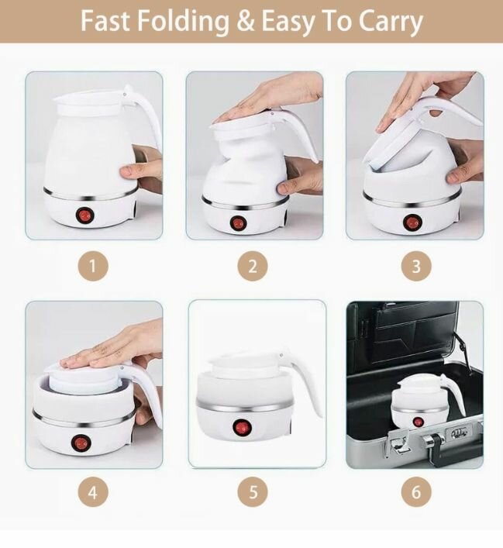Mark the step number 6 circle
point(416,491)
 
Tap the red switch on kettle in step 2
point(237,222)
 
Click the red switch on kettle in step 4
point(79,443)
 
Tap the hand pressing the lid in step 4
point(109,348)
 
